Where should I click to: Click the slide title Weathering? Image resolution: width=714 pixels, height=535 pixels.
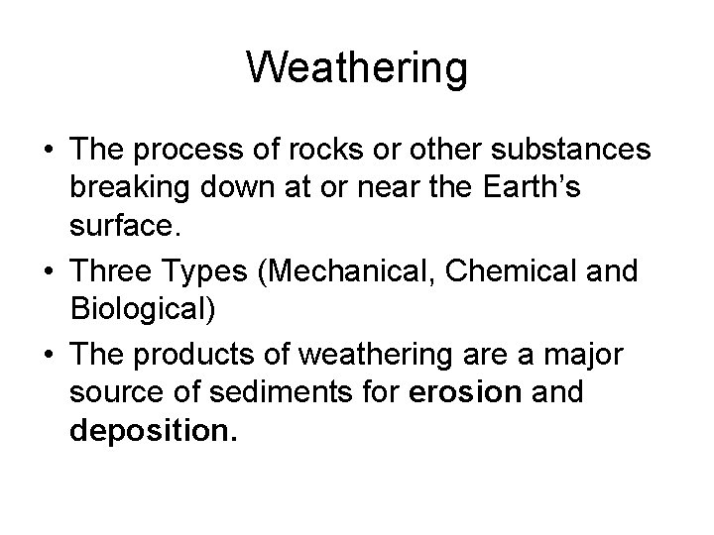[x=357, y=67]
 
